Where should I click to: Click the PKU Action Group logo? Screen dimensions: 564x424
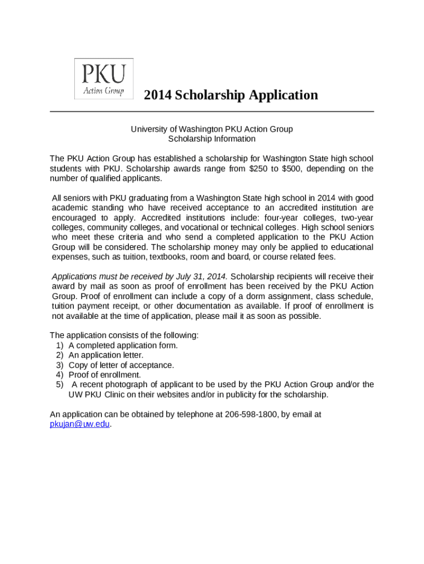[x=104, y=79]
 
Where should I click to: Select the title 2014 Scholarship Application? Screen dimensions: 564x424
[x=231, y=95]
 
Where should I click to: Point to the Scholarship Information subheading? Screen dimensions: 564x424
[x=212, y=139]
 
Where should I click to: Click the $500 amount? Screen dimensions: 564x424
[x=291, y=169]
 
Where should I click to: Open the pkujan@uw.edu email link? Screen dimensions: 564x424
[x=80, y=424]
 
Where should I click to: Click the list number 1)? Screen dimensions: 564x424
[x=59, y=345]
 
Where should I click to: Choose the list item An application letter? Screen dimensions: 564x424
[x=106, y=355]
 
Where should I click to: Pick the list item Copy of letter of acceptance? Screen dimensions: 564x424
[x=121, y=365]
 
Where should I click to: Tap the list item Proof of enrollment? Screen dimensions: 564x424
[x=105, y=375]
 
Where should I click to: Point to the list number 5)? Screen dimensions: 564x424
[x=59, y=385]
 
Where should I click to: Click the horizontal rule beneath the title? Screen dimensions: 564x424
[x=212, y=111]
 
